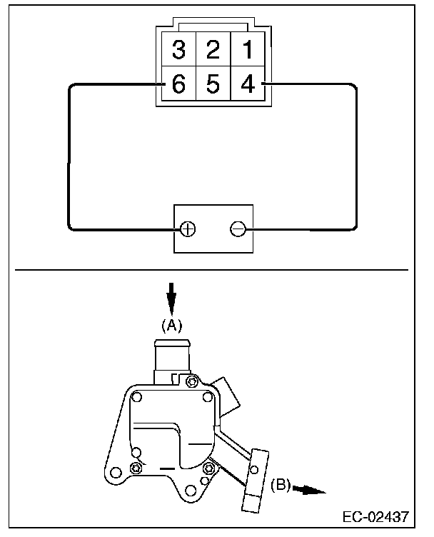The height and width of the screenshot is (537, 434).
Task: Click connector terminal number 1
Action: [246, 50]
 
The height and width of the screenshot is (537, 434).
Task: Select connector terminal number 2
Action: [212, 50]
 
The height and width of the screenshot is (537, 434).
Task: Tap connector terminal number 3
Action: [178, 50]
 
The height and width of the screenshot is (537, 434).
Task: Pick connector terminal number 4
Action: [246, 84]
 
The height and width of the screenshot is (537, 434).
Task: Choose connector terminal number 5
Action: [212, 84]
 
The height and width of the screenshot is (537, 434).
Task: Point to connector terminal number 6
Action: [178, 84]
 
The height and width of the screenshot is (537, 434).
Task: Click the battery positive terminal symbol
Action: [188, 229]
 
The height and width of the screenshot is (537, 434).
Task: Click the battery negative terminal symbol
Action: [238, 229]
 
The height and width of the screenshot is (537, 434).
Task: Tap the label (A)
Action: [171, 325]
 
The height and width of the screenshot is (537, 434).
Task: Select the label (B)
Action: [280, 485]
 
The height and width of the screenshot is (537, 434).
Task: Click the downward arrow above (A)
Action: [171, 296]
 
